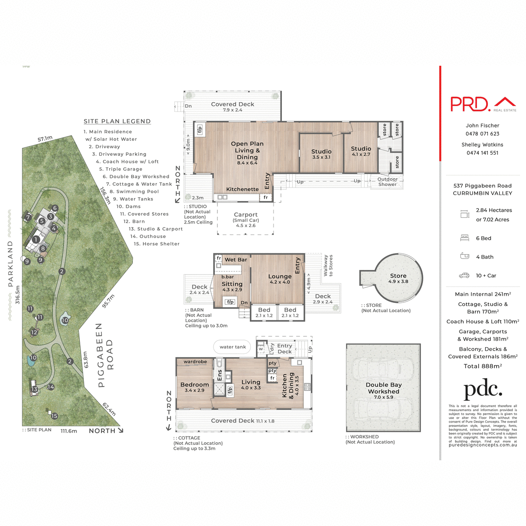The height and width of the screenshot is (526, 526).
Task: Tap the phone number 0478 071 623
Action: click(482, 134)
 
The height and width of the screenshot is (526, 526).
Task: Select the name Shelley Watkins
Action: click(482, 145)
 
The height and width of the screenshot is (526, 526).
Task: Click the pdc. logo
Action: click(483, 390)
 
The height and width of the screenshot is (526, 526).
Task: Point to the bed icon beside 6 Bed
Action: click(465, 238)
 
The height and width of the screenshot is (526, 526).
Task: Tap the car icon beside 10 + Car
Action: click(464, 276)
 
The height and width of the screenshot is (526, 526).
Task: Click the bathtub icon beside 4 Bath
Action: click(465, 256)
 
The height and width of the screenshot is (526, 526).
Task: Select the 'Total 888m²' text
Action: click(483, 366)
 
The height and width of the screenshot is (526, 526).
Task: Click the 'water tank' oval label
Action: click(233, 347)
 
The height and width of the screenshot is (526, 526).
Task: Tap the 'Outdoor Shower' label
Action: click(387, 182)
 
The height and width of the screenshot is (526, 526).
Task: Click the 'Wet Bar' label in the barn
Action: click(236, 260)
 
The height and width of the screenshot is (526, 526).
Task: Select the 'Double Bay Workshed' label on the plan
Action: click(384, 388)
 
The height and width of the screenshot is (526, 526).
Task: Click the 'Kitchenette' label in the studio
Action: click(242, 189)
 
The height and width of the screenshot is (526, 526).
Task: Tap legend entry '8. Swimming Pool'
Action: click(134, 192)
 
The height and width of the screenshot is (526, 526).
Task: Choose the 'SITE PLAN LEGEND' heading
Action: click(117, 121)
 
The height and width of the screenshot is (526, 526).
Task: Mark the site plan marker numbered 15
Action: click(54, 416)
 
